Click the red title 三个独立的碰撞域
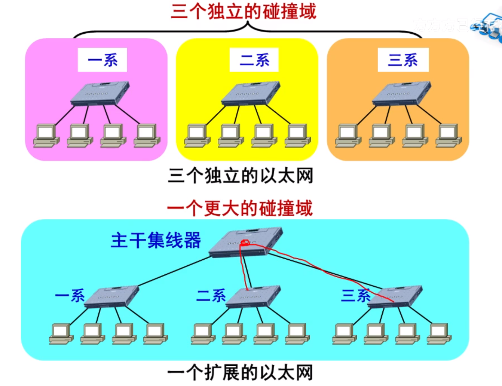click(244, 11)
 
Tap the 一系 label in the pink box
click(102, 60)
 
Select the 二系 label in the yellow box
click(254, 60)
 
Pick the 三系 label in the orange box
click(403, 60)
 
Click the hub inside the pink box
click(100, 93)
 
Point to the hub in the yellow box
click(251, 93)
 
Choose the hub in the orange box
click(402, 93)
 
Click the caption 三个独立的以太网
click(241, 176)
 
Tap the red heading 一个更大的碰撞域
click(240, 208)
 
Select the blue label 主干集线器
click(156, 240)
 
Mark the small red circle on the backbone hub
click(245, 242)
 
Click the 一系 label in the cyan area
click(70, 296)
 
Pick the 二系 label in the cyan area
click(211, 296)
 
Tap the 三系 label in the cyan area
click(356, 296)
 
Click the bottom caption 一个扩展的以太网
click(240, 373)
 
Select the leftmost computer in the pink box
click(46, 136)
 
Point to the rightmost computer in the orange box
click(448, 136)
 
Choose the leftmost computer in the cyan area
click(61, 334)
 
